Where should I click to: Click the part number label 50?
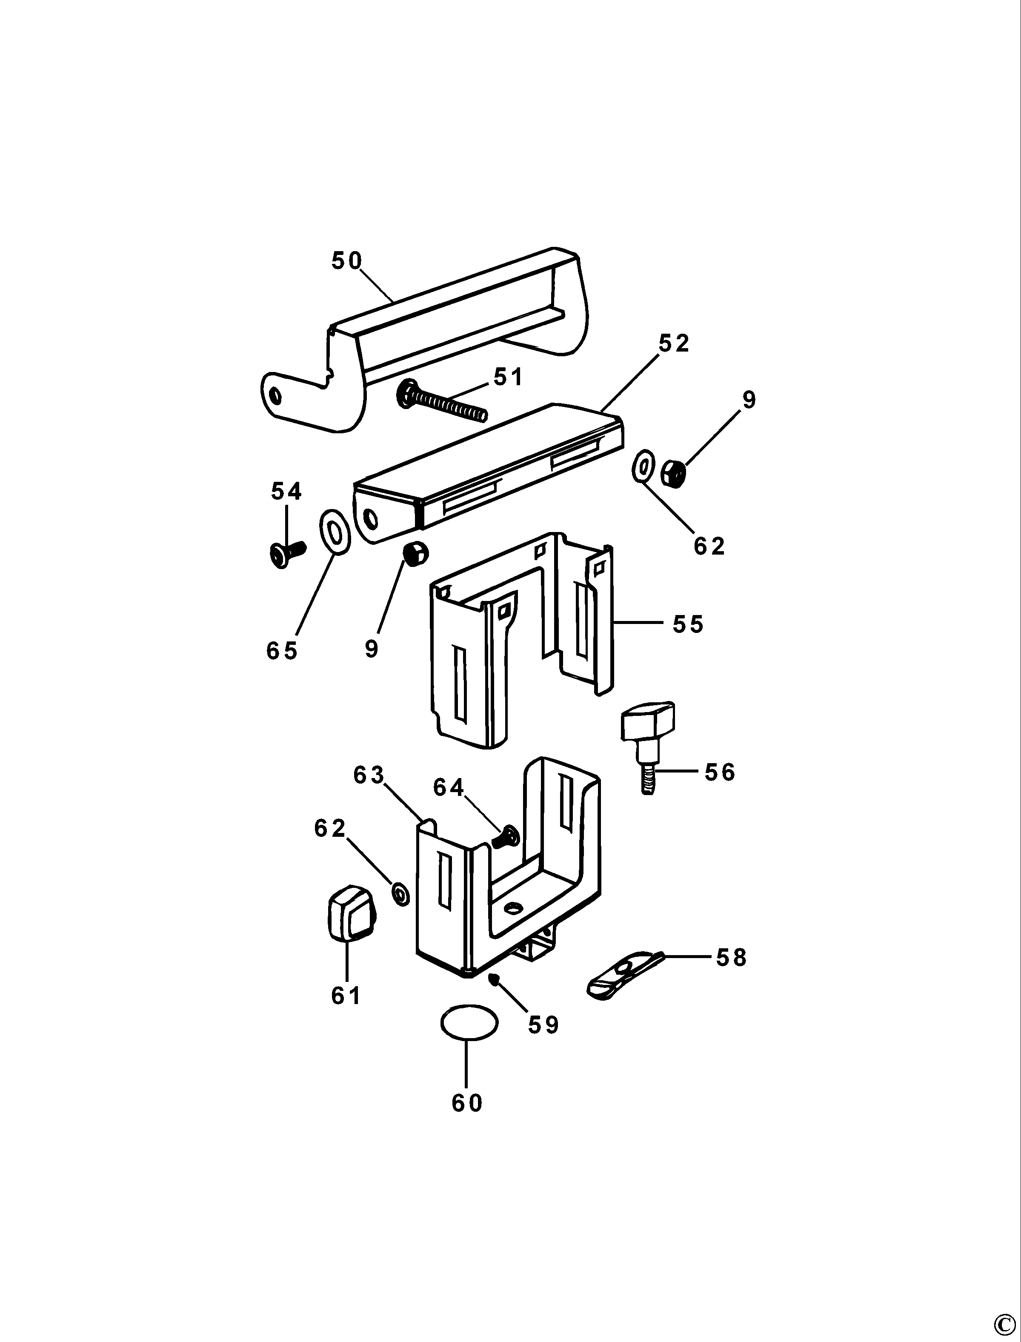click(x=346, y=261)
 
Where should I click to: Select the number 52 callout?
click(x=674, y=344)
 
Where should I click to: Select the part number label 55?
click(x=688, y=625)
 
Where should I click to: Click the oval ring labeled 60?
click(x=469, y=1024)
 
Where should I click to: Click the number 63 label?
click(x=369, y=775)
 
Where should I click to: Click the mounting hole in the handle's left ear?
click(x=275, y=396)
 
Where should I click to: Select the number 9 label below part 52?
click(x=371, y=649)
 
